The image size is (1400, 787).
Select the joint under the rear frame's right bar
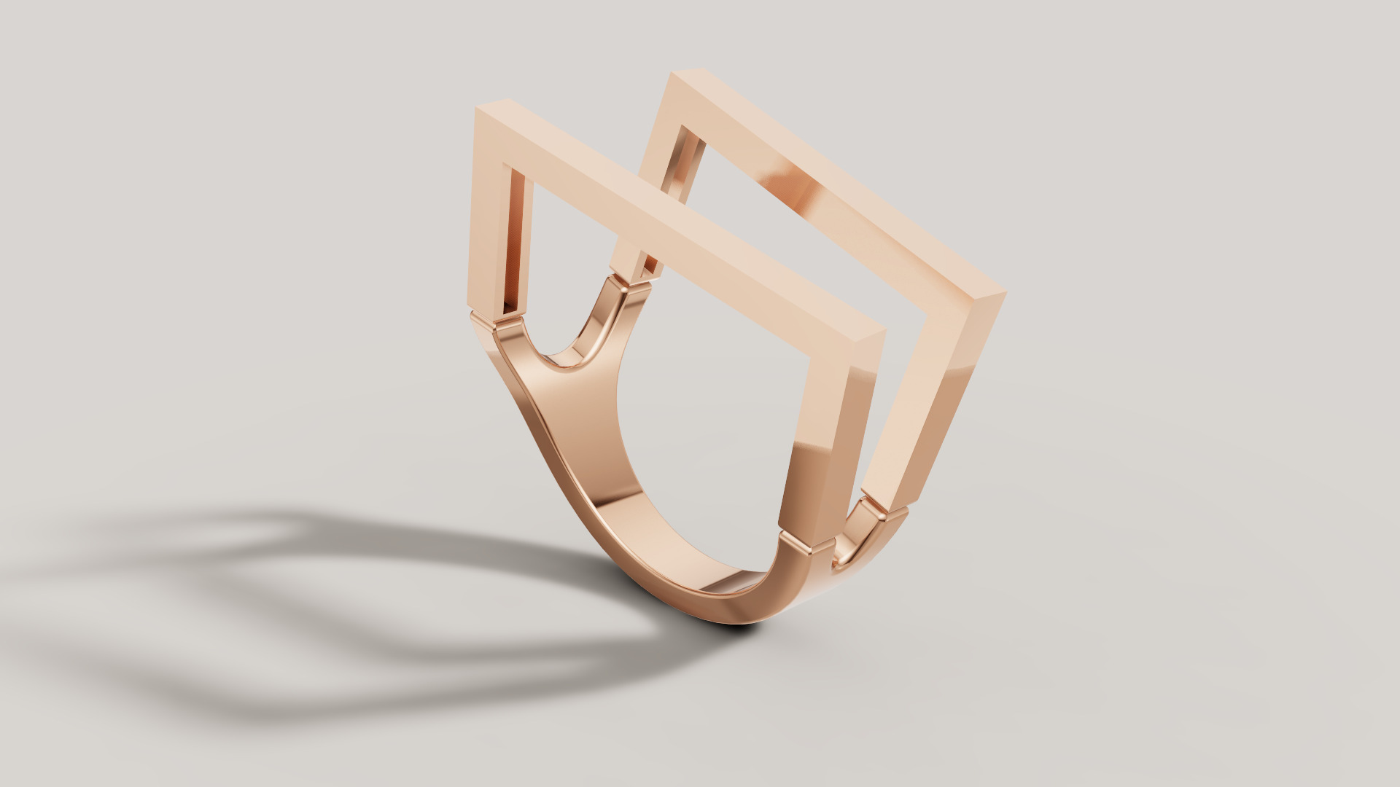click(886, 510)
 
